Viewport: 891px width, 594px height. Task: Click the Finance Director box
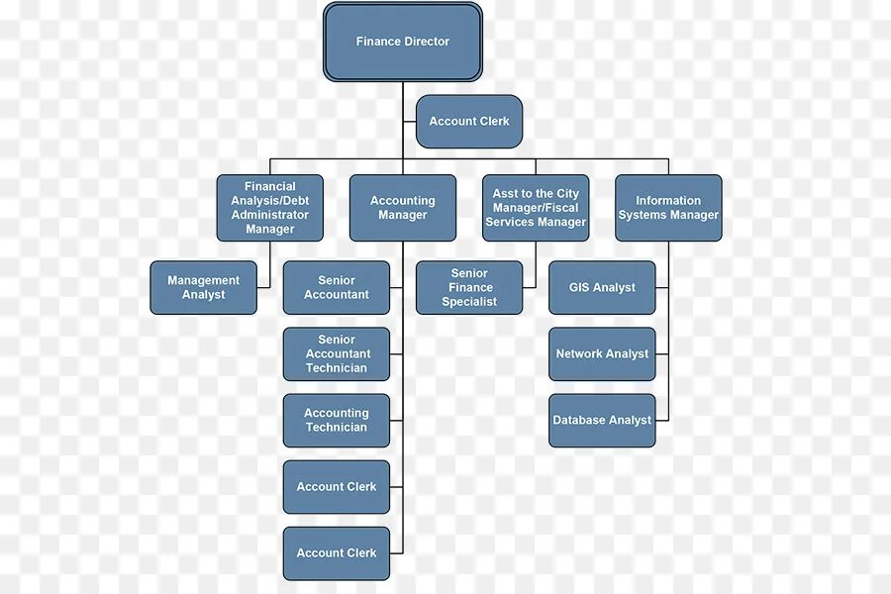click(x=402, y=43)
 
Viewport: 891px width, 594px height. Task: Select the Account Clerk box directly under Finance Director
click(x=469, y=122)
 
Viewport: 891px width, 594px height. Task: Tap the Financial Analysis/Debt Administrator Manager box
click(x=270, y=208)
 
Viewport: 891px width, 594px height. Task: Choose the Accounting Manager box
click(x=403, y=208)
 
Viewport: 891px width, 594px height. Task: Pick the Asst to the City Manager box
click(x=536, y=208)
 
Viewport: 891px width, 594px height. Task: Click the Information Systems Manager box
click(x=668, y=208)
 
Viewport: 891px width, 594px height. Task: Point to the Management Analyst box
click(x=203, y=288)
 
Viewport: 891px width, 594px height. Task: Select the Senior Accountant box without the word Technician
click(x=337, y=288)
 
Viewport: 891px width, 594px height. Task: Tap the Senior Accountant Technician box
click(x=337, y=354)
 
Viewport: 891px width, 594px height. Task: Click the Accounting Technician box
click(x=337, y=421)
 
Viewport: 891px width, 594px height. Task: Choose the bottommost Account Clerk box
click(x=337, y=553)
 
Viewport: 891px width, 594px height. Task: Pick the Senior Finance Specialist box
click(x=469, y=288)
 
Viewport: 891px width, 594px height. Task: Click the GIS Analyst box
click(x=602, y=288)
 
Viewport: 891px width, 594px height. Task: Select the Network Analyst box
click(x=602, y=354)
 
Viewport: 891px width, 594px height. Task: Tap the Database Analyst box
click(x=602, y=421)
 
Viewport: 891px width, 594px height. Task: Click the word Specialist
click(x=469, y=302)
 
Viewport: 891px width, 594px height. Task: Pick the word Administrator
click(x=270, y=215)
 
